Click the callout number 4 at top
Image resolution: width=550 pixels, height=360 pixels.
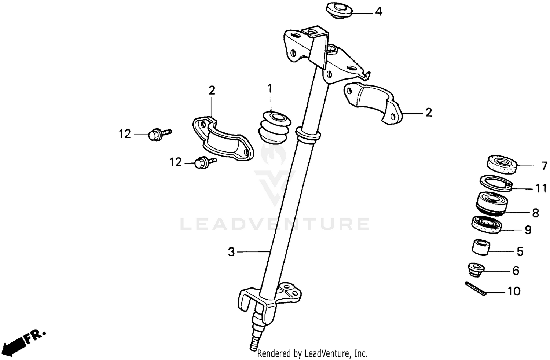pyautogui.click(x=378, y=12)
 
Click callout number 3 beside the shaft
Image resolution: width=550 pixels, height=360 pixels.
pyautogui.click(x=231, y=252)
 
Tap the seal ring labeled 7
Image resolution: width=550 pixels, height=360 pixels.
pyautogui.click(x=501, y=164)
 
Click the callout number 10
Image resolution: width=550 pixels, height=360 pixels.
pyautogui.click(x=514, y=291)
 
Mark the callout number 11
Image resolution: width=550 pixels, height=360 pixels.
pyautogui.click(x=541, y=188)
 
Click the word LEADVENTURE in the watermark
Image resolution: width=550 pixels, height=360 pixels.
pyautogui.click(x=275, y=224)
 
